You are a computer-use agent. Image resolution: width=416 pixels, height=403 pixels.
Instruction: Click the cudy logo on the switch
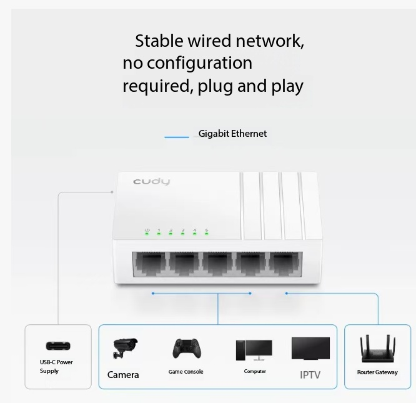pyautogui.click(x=151, y=182)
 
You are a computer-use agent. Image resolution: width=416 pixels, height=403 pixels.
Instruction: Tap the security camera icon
pyautogui.click(x=125, y=348)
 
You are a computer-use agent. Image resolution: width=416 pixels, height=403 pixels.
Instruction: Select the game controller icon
pyautogui.click(x=187, y=349)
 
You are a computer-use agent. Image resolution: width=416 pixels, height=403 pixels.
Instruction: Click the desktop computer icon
pyautogui.click(x=254, y=351)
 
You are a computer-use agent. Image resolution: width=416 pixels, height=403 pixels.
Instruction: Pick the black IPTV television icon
pyautogui.click(x=310, y=349)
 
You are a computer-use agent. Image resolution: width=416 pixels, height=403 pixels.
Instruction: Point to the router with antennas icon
pyautogui.click(x=377, y=349)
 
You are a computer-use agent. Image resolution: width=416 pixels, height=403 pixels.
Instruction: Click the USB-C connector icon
pyautogui.click(x=58, y=346)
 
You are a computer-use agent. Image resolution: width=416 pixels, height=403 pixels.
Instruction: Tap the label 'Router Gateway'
pyautogui.click(x=377, y=372)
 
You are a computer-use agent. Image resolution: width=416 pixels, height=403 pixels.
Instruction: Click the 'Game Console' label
pyautogui.click(x=186, y=372)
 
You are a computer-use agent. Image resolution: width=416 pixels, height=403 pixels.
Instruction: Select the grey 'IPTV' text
pyautogui.click(x=310, y=375)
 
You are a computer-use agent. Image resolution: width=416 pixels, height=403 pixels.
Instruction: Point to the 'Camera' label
pyautogui.click(x=123, y=375)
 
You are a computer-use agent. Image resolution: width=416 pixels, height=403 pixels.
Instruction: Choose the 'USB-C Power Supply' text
pyautogui.click(x=56, y=367)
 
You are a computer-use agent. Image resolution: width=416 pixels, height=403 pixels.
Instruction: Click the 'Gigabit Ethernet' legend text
pyautogui.click(x=232, y=134)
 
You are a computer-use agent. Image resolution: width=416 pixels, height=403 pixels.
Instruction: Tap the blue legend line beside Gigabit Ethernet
pyautogui.click(x=177, y=137)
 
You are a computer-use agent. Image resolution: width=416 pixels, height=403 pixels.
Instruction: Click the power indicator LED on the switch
pyautogui.click(x=147, y=234)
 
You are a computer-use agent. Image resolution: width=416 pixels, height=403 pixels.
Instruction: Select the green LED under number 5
pyautogui.click(x=206, y=234)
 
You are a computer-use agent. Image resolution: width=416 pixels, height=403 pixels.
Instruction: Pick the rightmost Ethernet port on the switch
pyautogui.click(x=284, y=263)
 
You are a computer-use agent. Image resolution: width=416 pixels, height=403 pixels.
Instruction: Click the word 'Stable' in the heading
pyautogui.click(x=159, y=41)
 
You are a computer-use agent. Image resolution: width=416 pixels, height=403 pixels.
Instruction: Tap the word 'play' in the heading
pyautogui.click(x=287, y=86)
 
